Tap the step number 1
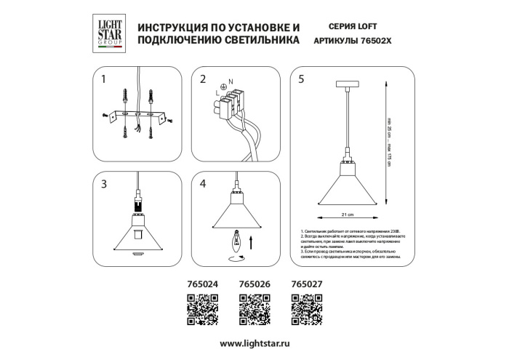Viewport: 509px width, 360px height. point(104,79)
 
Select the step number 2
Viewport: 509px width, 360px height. point(203,79)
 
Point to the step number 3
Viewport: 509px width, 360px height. point(104,183)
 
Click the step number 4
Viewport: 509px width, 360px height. point(203,183)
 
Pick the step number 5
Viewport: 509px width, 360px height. point(301,79)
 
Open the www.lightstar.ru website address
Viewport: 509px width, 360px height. point(254,343)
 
